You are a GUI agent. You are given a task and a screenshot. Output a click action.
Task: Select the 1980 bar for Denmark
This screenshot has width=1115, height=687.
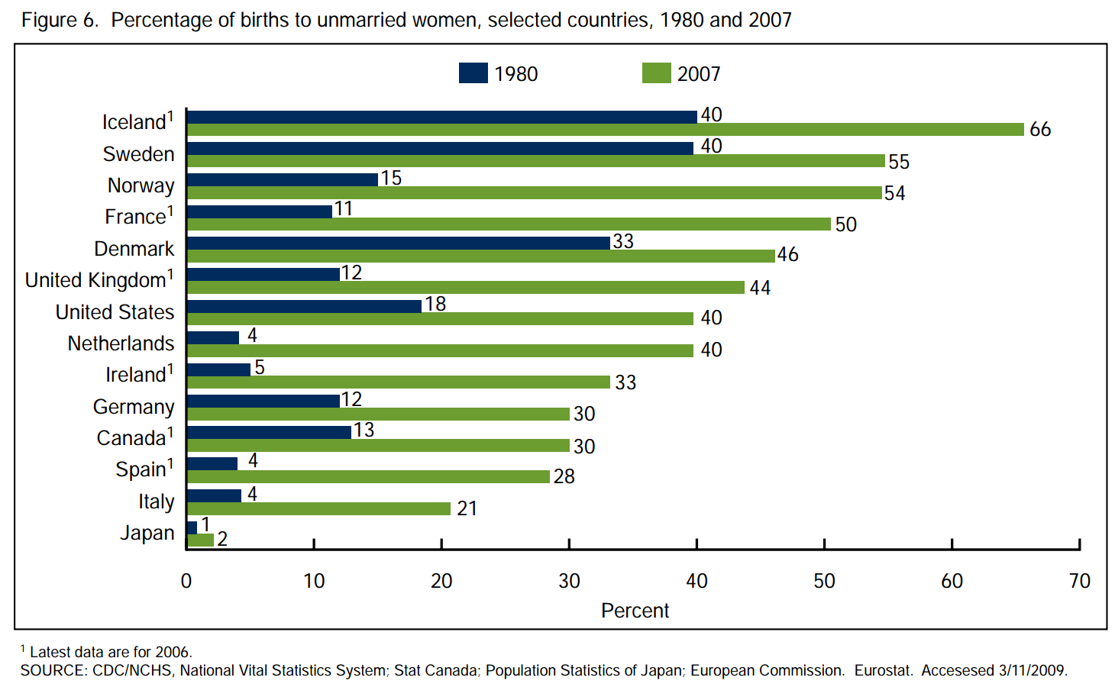pos(398,243)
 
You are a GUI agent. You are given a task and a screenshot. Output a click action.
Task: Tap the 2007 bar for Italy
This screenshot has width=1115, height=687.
pos(318,508)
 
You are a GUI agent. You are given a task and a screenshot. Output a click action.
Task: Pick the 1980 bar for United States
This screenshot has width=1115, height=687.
pos(304,306)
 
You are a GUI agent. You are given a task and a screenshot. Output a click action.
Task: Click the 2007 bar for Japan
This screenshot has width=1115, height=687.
pos(200,540)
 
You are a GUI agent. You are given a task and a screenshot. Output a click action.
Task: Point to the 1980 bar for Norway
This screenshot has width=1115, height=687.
pos(283,179)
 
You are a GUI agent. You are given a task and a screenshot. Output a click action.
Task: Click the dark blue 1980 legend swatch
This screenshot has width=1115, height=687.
pos(473,73)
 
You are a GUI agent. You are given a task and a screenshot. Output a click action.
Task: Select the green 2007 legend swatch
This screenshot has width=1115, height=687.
pos(656,73)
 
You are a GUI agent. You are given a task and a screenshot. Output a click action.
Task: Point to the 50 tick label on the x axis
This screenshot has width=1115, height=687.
pos(824,581)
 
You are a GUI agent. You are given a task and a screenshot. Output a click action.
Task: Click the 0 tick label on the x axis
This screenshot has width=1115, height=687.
pos(186,581)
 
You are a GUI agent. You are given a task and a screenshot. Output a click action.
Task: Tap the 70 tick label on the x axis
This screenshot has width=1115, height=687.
pos(1079,581)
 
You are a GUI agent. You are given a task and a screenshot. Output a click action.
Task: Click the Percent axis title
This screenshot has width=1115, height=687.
pos(635,611)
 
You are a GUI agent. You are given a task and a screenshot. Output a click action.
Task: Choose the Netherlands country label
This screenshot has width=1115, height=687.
pos(121,343)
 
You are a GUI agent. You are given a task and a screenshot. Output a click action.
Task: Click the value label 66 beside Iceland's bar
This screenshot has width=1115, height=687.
pos(1040,130)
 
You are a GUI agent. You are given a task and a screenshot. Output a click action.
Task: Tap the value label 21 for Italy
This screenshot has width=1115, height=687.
pos(467,508)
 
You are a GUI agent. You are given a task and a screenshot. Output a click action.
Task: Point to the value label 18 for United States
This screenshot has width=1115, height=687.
pos(435,304)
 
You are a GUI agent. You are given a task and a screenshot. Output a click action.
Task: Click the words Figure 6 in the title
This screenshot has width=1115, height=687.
pos(60,20)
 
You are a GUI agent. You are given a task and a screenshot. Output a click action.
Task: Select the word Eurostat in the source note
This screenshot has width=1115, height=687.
pos(883,670)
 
